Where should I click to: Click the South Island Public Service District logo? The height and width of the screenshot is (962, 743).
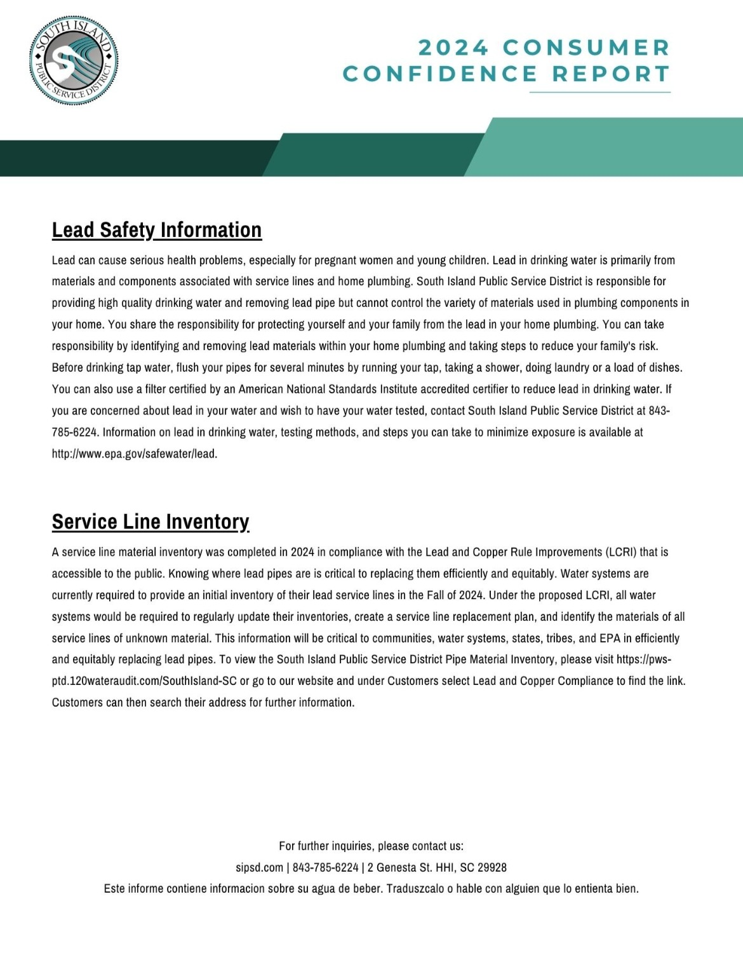click(74, 61)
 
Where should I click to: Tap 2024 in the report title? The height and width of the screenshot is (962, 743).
click(453, 48)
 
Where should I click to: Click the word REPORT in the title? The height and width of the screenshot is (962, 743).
click(611, 74)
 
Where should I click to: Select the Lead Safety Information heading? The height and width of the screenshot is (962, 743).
click(157, 230)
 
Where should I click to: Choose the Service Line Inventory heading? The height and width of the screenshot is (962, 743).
click(151, 522)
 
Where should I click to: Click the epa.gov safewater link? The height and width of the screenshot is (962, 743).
click(135, 454)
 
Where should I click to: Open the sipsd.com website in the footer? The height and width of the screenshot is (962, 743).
click(259, 867)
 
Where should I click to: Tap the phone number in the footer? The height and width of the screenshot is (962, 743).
click(325, 867)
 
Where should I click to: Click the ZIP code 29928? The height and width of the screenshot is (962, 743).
click(492, 867)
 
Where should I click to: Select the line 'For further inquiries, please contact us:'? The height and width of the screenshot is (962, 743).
click(371, 846)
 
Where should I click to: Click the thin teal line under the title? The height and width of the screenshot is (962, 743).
click(599, 93)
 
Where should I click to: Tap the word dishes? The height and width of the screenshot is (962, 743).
click(664, 367)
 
